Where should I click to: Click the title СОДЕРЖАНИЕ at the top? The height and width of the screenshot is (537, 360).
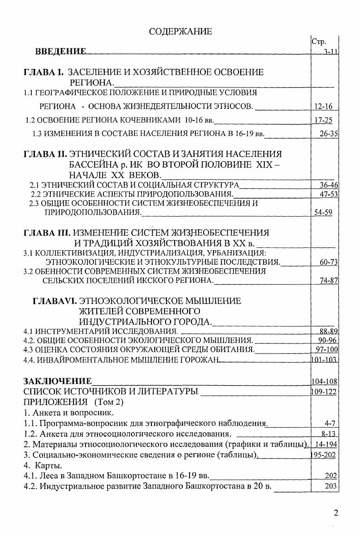point(180,31)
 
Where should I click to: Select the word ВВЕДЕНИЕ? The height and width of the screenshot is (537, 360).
point(60,52)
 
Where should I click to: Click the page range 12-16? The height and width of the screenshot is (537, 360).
point(323,106)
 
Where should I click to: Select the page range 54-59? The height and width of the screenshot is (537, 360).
point(323,212)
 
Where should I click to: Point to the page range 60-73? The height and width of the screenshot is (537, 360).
point(326,262)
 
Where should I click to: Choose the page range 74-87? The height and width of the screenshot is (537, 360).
point(326,281)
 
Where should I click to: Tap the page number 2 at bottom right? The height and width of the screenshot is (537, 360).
point(336,513)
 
